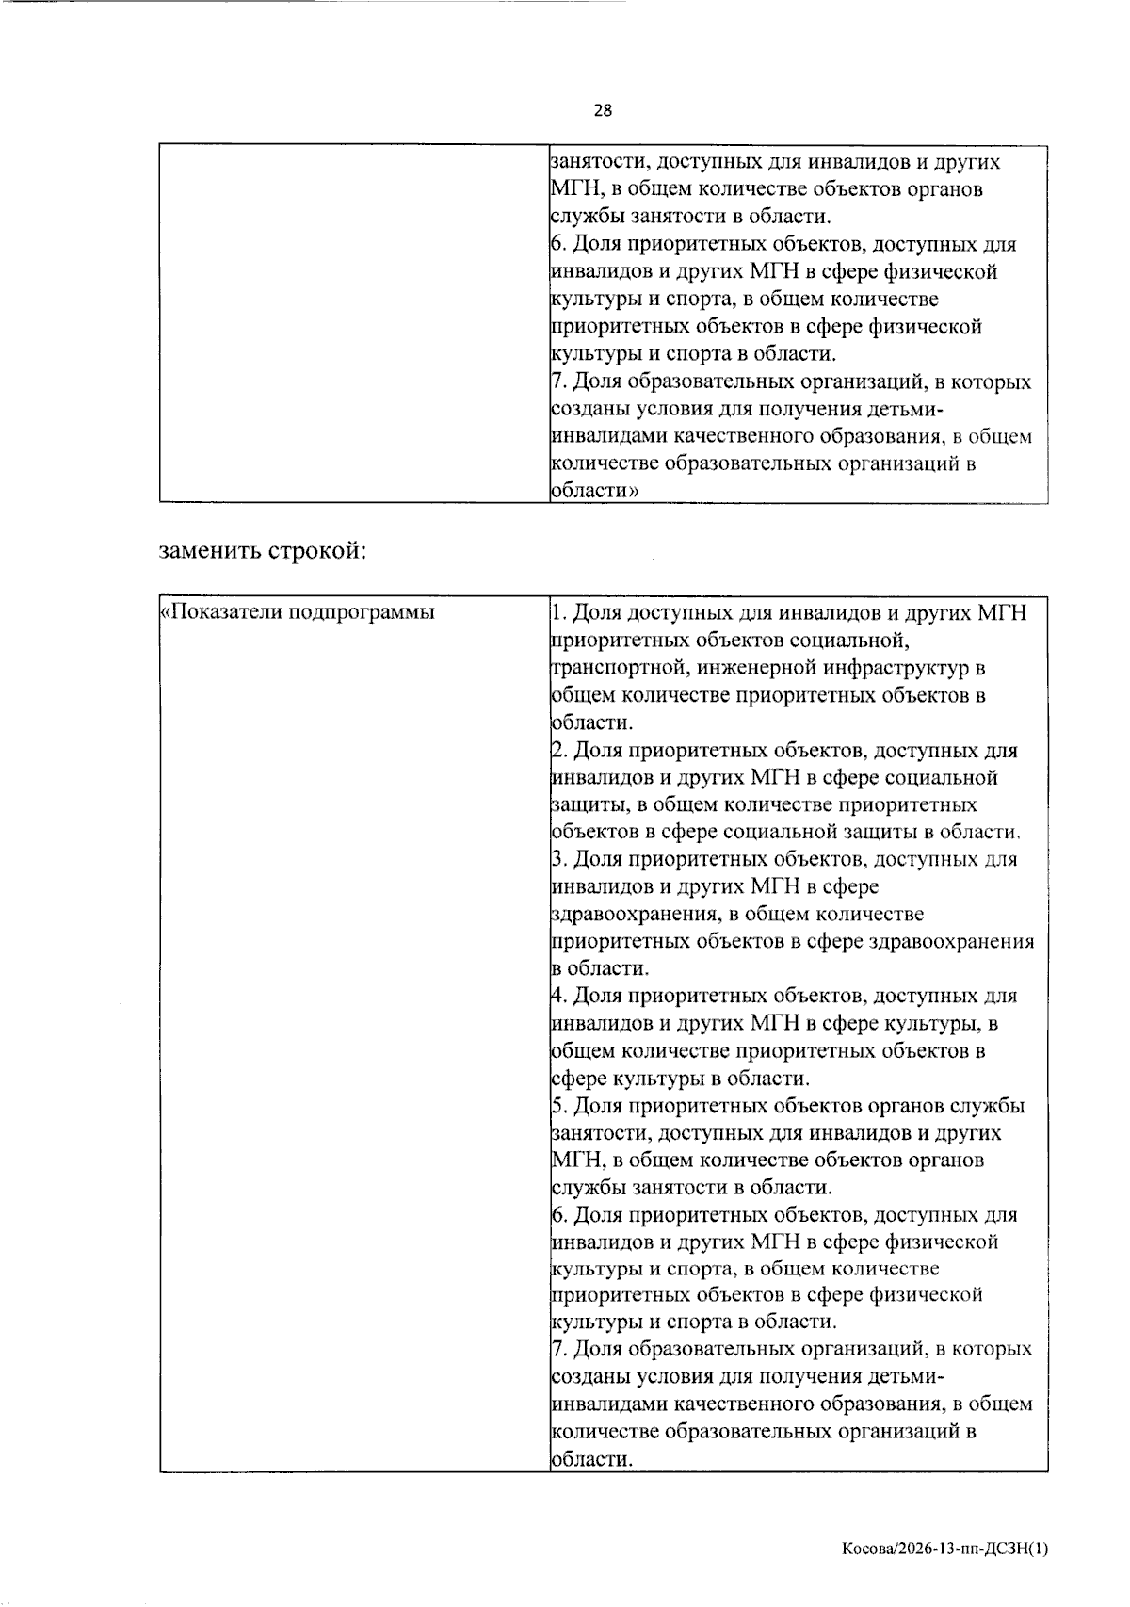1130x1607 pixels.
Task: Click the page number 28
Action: [x=603, y=110]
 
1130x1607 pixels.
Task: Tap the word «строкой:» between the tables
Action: [x=317, y=551]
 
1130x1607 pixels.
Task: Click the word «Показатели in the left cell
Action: [x=219, y=613]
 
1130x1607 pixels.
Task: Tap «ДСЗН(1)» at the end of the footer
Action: [x=1016, y=1548]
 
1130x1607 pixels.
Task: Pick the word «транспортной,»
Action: [x=615, y=669]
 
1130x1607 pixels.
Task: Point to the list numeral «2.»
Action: [x=558, y=751]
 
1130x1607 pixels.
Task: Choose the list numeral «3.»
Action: [x=558, y=859]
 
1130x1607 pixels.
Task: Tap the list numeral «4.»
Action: [x=558, y=996]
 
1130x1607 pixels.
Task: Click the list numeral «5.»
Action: [x=558, y=1106]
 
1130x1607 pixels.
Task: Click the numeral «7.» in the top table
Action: [x=558, y=382]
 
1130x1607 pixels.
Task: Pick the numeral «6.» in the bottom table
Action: [x=558, y=1215]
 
